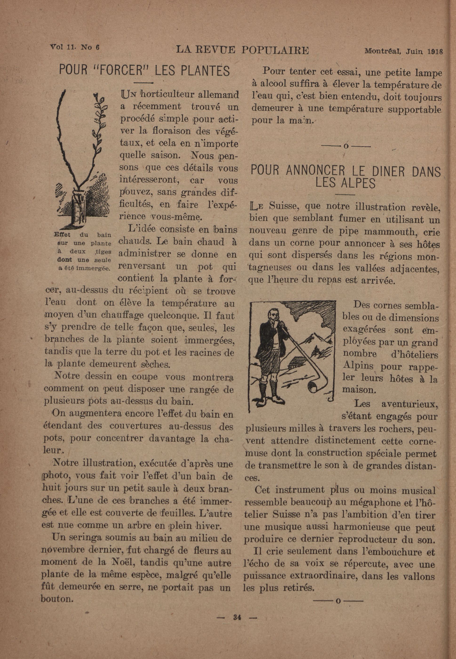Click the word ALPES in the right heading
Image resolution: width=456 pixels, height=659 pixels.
coord(345,183)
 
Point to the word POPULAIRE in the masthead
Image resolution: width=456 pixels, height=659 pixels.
coord(275,50)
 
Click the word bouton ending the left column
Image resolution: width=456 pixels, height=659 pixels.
coord(56,599)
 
